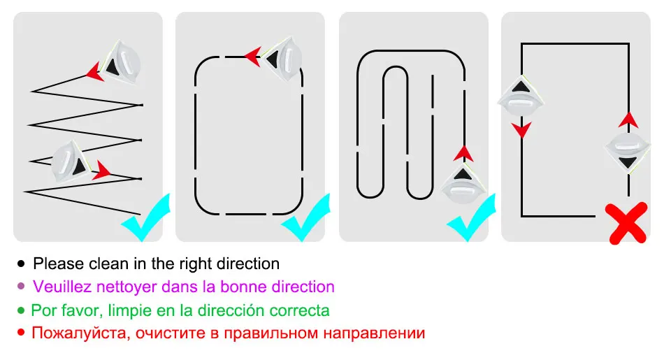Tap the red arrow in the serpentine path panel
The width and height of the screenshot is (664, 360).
tap(461, 153)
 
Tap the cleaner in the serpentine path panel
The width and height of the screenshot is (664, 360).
tap(461, 186)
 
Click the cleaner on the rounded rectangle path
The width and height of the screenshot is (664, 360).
tap(283, 60)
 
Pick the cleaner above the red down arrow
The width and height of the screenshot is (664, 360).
tap(521, 99)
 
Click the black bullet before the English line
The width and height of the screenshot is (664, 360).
tap(20, 264)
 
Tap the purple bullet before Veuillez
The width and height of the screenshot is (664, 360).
tap(20, 287)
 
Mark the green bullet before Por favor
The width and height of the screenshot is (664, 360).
tap(20, 310)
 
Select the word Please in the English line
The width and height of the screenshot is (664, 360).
tap(56, 264)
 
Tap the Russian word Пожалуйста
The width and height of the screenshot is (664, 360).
tap(77, 333)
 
